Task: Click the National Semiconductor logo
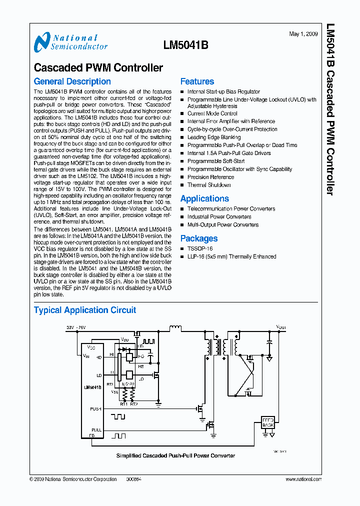click(70, 42)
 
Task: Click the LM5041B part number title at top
click(185, 44)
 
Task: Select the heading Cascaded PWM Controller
click(98, 67)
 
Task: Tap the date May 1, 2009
click(303, 34)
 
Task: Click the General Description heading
click(72, 81)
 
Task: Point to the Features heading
click(197, 81)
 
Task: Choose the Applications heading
click(204, 198)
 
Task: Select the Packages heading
click(199, 238)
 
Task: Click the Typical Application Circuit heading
click(84, 310)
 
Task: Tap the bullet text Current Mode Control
click(212, 113)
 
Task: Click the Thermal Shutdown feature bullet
click(209, 185)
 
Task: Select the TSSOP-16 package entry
click(200, 248)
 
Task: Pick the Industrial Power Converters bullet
click(219, 217)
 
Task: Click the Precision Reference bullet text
click(210, 177)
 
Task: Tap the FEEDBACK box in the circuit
click(268, 422)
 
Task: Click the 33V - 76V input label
click(76, 327)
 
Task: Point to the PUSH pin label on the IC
click(95, 408)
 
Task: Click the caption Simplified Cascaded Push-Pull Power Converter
click(175, 455)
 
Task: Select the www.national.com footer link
click(303, 479)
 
